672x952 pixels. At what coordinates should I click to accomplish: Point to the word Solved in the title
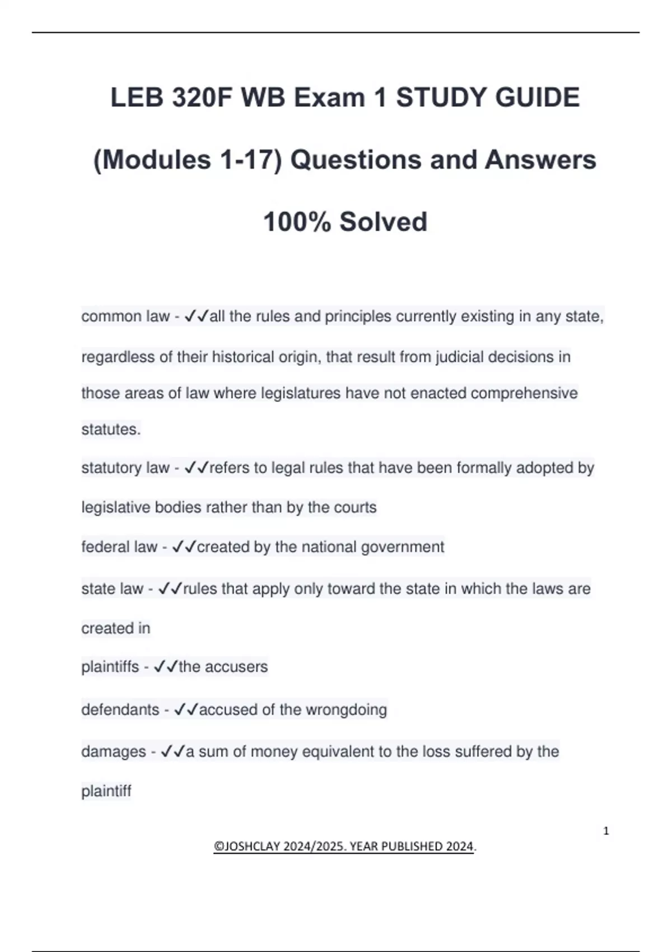384,222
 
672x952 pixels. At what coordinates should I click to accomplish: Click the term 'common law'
125,317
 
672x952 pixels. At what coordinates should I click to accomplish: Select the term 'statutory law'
125,468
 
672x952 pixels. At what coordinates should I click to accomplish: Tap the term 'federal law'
119,547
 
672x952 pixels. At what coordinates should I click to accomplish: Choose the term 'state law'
113,589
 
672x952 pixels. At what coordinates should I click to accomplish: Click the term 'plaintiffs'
110,667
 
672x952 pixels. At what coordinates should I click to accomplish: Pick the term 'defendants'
120,710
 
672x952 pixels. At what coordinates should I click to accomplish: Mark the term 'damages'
114,752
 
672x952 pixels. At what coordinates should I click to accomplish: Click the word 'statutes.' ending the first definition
111,430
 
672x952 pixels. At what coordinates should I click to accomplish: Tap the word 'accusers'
236,667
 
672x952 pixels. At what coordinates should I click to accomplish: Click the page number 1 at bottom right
606,831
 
